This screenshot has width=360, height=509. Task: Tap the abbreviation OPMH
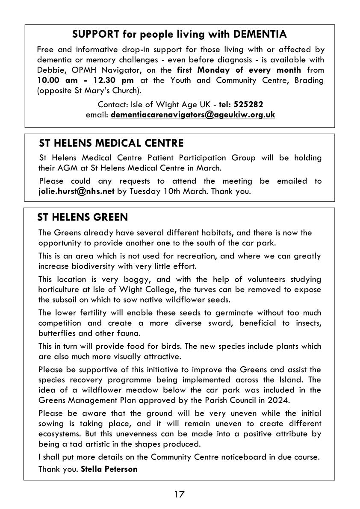coord(87,70)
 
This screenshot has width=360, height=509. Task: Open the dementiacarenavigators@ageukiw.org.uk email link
coord(193,115)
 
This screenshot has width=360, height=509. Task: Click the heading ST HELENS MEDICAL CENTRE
coord(111,143)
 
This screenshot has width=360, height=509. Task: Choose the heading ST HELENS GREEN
coord(83,218)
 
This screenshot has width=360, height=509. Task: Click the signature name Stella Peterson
coord(109,469)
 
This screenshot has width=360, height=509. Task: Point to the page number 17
coord(179,494)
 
